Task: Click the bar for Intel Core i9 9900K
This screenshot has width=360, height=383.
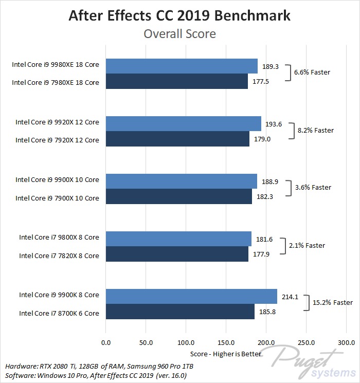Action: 191,296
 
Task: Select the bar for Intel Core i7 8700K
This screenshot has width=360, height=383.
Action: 180,312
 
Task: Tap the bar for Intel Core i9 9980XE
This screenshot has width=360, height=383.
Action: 182,66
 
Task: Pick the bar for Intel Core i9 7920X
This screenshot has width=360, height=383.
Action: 177,139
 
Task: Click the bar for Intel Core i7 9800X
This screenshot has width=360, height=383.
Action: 178,238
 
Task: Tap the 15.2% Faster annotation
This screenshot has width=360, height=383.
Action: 332,303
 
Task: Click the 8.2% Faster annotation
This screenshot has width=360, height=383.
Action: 315,131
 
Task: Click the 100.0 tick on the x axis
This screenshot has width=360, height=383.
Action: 186,342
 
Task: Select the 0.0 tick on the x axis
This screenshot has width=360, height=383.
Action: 106,342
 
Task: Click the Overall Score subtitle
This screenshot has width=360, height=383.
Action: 179,34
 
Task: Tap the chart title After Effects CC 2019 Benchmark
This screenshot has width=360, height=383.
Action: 179,16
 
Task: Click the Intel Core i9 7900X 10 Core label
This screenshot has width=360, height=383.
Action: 57,198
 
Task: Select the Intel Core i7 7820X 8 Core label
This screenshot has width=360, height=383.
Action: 59,256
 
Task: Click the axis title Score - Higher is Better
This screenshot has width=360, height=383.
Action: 225,354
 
